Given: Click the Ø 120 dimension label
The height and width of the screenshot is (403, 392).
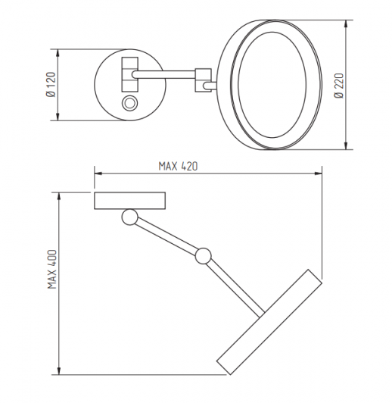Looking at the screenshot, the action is pos(51,85).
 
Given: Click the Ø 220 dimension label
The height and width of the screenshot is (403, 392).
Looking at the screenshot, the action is pos(338,86).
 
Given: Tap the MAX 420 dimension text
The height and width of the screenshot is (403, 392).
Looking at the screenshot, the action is pos(178,167).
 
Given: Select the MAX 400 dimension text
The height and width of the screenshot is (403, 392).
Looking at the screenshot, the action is pos(52,269).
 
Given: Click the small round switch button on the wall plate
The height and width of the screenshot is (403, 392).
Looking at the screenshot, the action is pos(129,104).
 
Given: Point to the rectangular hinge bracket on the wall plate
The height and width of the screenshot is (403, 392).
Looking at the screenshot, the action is pos(130,74).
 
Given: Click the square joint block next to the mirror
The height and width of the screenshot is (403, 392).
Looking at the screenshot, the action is pos(204,80).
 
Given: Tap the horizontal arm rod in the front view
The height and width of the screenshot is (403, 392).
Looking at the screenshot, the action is pos(164,74).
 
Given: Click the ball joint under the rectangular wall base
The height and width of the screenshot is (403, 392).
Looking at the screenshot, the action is pos(129,217).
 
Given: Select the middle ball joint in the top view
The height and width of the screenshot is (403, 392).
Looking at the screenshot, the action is pos(204,256).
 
